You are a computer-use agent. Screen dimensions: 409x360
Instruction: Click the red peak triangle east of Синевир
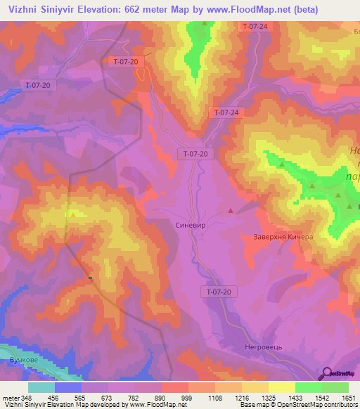pos(231,210)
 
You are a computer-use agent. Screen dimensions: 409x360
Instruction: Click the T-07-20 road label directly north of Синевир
pos(194,153)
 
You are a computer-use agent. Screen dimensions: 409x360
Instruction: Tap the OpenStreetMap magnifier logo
pos(326,372)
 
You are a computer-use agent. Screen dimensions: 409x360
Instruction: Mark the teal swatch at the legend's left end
pos(41,387)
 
